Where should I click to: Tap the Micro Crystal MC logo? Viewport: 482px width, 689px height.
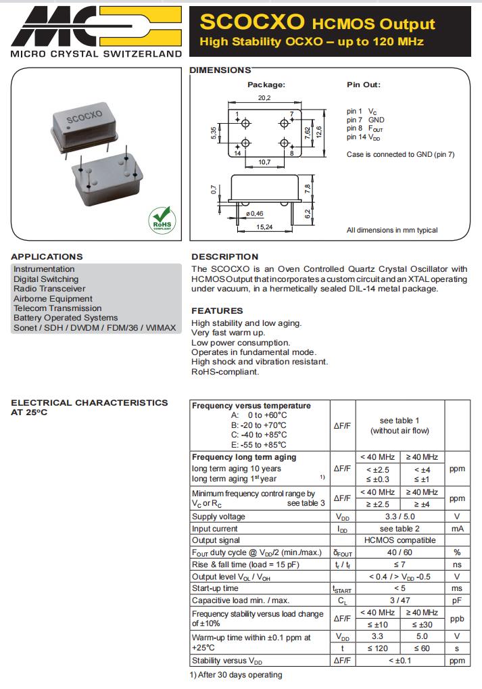[95, 26]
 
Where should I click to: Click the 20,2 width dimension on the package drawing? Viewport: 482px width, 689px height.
[264, 98]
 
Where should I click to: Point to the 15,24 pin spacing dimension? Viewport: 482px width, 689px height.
[264, 227]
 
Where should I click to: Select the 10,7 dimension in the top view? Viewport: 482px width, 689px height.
[264, 162]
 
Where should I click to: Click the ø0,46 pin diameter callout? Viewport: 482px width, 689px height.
[254, 214]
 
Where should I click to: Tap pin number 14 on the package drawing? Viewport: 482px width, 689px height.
[238, 153]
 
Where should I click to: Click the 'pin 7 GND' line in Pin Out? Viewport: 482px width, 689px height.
[365, 120]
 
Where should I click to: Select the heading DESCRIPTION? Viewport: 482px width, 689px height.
[224, 257]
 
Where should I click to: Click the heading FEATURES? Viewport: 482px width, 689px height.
[217, 310]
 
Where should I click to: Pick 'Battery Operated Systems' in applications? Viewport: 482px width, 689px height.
[66, 318]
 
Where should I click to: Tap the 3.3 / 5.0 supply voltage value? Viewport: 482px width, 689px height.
[400, 517]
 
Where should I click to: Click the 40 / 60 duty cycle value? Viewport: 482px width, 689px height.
[400, 552]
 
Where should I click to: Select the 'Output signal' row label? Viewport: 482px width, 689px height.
[215, 540]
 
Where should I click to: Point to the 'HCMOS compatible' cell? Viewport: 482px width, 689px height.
[400, 540]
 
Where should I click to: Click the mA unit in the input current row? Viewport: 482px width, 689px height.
[457, 529]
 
